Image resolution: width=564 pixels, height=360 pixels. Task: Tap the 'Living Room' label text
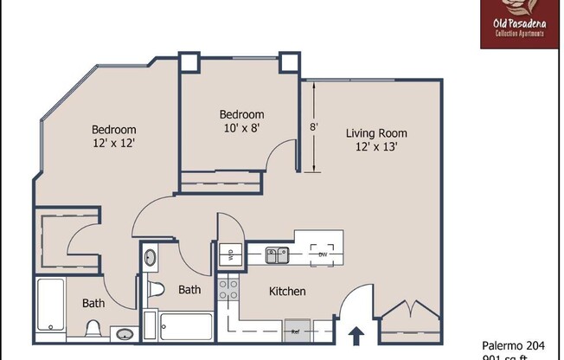click(376, 133)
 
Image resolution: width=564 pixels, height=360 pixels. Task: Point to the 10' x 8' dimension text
click(241, 128)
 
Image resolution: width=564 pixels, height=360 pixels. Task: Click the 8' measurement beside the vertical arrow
click(314, 126)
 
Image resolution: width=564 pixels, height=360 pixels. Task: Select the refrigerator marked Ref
click(295, 330)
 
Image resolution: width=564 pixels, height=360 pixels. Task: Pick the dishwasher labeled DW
click(323, 254)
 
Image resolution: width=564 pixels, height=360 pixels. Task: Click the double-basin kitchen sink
click(276, 254)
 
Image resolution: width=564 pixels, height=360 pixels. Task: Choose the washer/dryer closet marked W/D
click(229, 254)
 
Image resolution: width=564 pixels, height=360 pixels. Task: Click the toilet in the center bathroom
click(156, 289)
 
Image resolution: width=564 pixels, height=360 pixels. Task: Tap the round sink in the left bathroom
click(124, 334)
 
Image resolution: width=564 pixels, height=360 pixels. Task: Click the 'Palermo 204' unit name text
click(514, 345)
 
